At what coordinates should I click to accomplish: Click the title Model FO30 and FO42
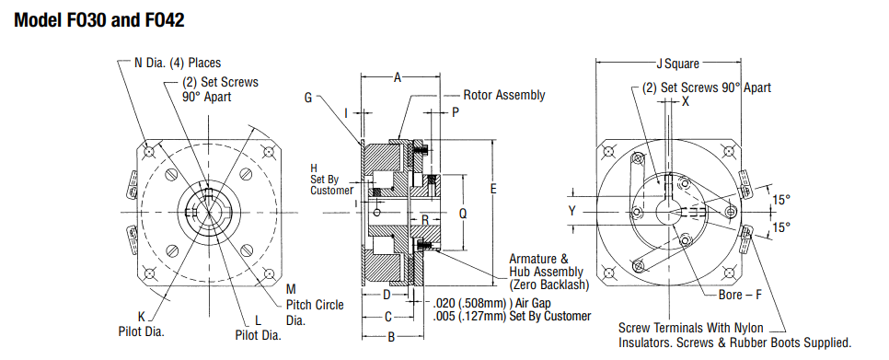(x=98, y=20)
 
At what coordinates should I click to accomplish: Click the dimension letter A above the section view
(x=398, y=77)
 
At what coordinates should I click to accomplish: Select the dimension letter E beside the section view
(x=493, y=189)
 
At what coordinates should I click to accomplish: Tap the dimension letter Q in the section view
(x=463, y=214)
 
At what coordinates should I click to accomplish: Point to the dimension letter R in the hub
(x=424, y=219)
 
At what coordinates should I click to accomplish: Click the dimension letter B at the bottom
(x=391, y=337)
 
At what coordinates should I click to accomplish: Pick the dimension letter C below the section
(x=388, y=317)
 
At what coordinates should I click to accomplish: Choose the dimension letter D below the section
(x=387, y=295)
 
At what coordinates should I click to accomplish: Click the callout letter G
(x=308, y=98)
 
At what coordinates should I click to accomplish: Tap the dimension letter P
(x=456, y=113)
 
